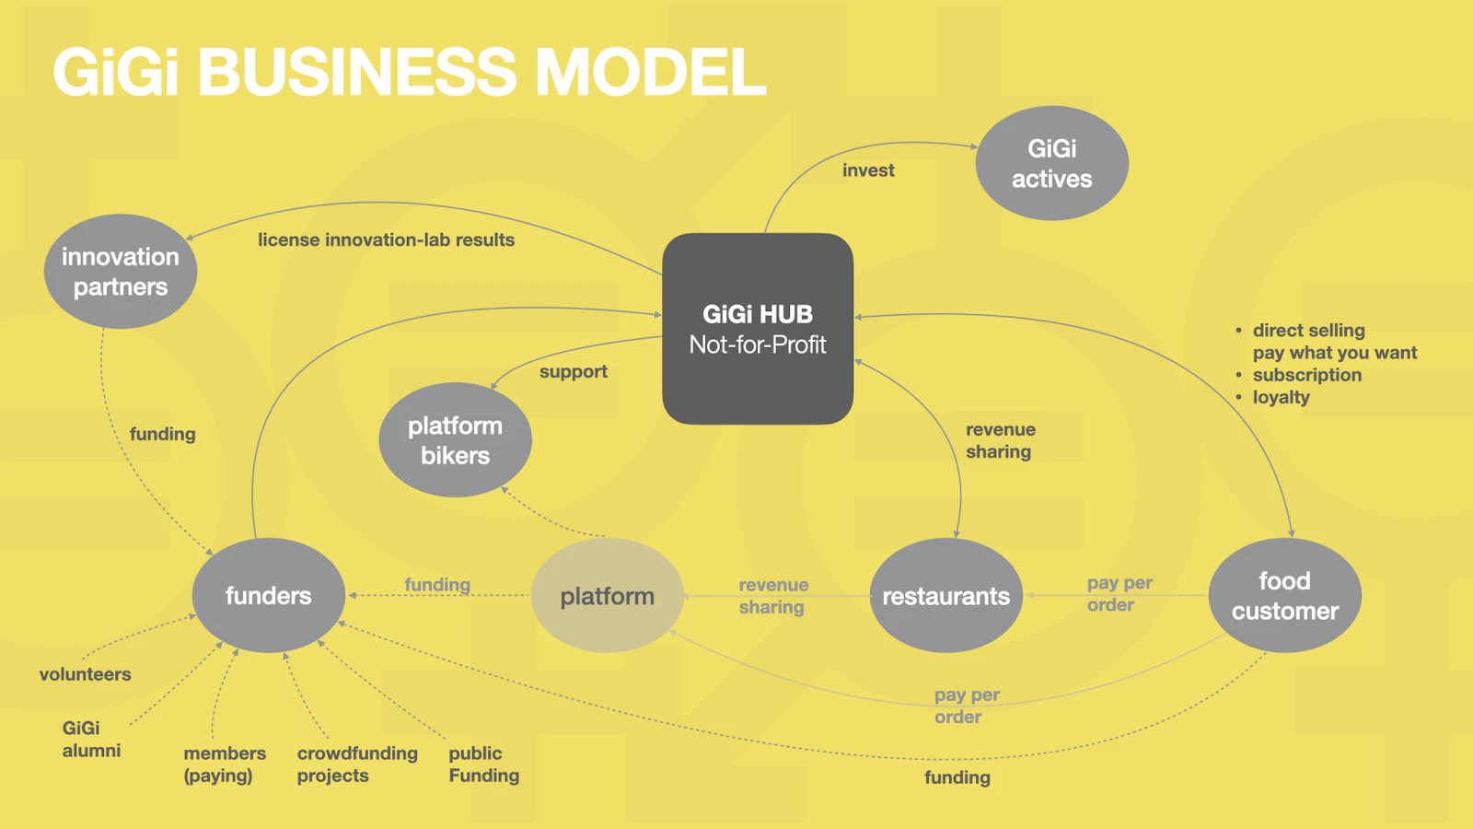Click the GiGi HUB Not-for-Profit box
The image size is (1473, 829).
point(758,329)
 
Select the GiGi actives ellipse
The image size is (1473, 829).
point(1051,163)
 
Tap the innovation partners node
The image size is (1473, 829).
point(121,272)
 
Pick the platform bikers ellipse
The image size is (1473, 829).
point(455,440)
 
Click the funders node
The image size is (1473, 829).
point(268,596)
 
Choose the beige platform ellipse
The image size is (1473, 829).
point(608,596)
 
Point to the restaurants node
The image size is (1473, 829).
point(945,596)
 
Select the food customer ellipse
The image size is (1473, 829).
point(1284,596)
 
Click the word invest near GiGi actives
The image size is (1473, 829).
point(868,170)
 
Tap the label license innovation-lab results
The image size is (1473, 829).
point(386,239)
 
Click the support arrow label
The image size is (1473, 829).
point(573,371)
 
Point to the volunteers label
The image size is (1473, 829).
point(85,674)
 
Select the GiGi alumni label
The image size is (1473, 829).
point(90,739)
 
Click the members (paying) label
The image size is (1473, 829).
point(224,765)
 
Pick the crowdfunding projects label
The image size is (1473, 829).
point(356,765)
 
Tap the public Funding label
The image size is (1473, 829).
point(483,765)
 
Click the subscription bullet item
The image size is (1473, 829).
point(1306,375)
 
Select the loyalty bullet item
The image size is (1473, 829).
point(1281,397)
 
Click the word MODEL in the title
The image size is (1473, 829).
point(650,72)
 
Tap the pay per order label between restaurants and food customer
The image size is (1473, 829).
point(1119,594)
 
